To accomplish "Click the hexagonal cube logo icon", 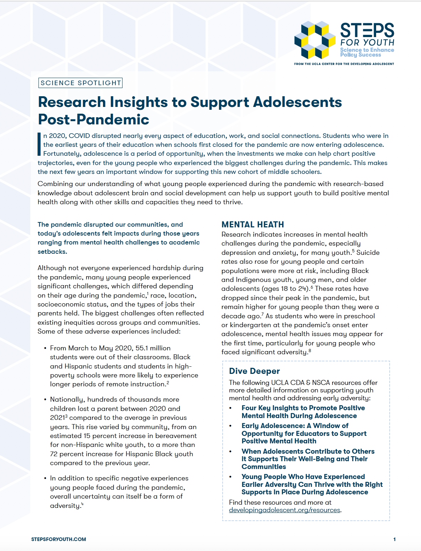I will click(x=315, y=40).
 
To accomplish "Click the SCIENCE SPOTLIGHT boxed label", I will click(x=80, y=83).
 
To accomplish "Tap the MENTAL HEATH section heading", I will click(x=253, y=225).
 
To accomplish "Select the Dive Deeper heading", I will click(x=254, y=371).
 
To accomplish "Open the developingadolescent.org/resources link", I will click(x=285, y=510).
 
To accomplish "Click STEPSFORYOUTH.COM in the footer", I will click(x=58, y=539).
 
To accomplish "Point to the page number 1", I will click(x=394, y=539).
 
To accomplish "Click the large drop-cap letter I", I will click(x=40, y=144).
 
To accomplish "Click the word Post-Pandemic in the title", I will click(x=93, y=119).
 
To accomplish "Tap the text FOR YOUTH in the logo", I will click(x=367, y=42).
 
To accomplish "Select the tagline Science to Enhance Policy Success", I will click(x=367, y=52).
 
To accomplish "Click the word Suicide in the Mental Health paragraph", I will click(x=368, y=252).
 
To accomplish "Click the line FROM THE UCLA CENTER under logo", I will click(x=344, y=64).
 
